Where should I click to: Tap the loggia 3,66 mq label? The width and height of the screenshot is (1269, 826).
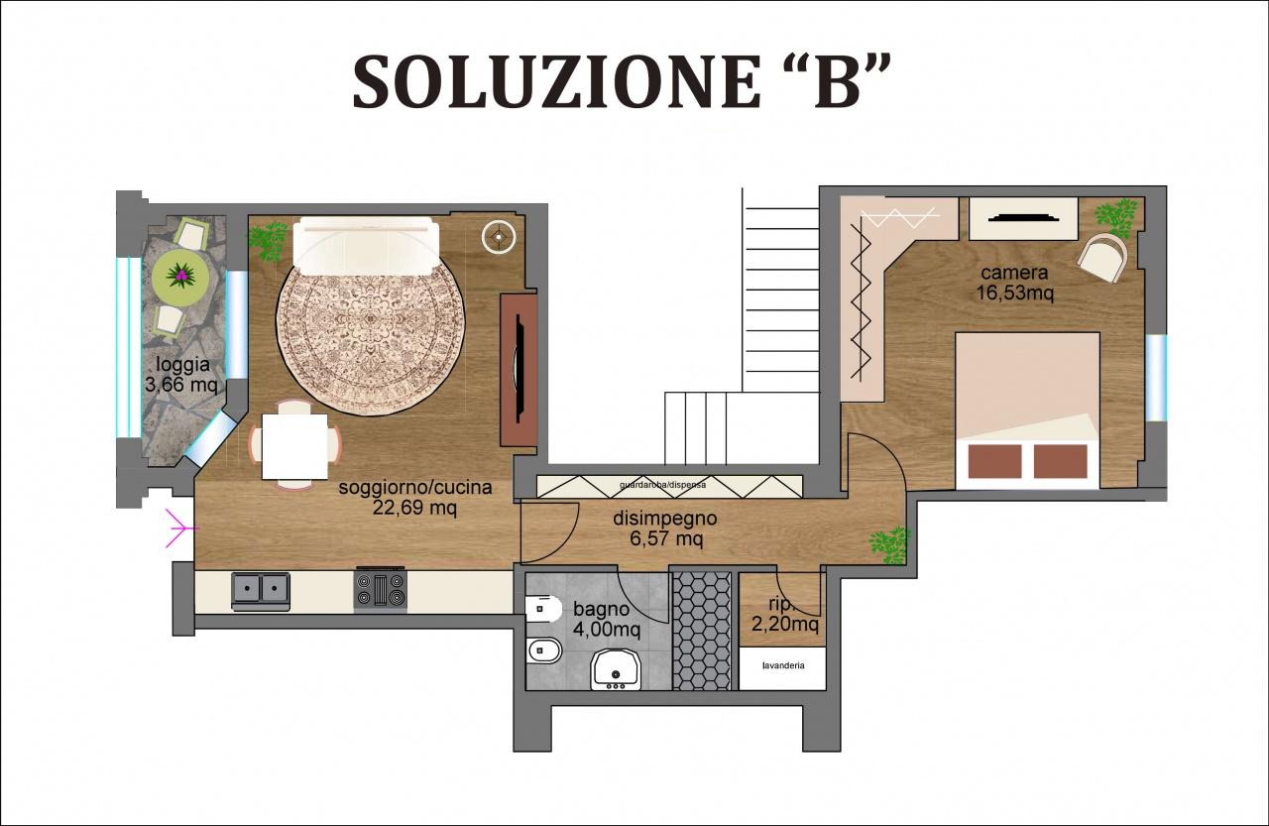point(179,375)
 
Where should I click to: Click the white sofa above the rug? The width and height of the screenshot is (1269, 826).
point(366,246)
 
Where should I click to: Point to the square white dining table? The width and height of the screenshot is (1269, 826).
point(294,445)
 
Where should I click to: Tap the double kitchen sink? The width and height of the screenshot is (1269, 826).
point(261,590)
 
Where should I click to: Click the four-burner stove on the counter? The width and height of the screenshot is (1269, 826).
point(381,590)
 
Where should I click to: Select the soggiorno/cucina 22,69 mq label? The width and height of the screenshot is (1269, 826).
point(414,498)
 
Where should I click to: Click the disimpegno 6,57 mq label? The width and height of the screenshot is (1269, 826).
point(664,529)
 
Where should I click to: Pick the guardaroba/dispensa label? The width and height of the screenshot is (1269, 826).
point(669,485)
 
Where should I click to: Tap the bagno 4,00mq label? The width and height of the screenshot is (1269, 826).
point(606,620)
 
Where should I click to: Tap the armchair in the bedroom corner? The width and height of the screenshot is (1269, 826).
point(1102,257)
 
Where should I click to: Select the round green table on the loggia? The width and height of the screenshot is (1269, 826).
point(181,273)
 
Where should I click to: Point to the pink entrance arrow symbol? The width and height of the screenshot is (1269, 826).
point(175,528)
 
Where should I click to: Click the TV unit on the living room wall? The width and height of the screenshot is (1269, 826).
point(519,370)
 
